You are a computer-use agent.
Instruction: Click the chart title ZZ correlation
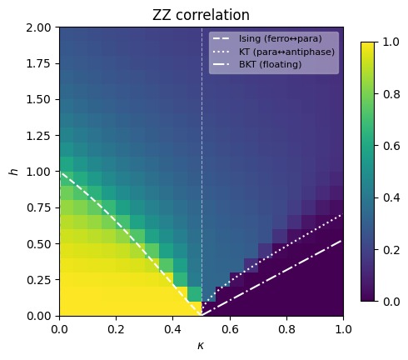[x=201, y=15]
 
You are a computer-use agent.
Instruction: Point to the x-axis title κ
[x=201, y=344]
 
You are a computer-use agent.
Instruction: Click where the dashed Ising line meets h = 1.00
[x=60, y=172]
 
